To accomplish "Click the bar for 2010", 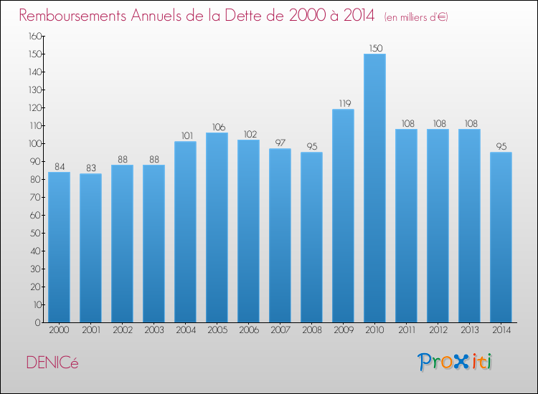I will pyautogui.click(x=374, y=188).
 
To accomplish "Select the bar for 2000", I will pyautogui.click(x=59, y=247).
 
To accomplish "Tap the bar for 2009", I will pyautogui.click(x=343, y=216).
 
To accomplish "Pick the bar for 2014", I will pyautogui.click(x=501, y=237).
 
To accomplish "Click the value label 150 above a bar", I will pyautogui.click(x=374, y=48).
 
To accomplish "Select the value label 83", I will pyautogui.click(x=90, y=168).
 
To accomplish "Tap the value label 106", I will pyautogui.click(x=217, y=127).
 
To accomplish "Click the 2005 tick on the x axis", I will pyautogui.click(x=217, y=330).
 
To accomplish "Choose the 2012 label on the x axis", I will pyautogui.click(x=438, y=330).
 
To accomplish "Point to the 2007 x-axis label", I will pyautogui.click(x=280, y=330).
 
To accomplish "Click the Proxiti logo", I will pyautogui.click(x=456, y=361).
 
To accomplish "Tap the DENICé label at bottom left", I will pyautogui.click(x=52, y=362).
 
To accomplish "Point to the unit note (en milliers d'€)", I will pyautogui.click(x=416, y=16).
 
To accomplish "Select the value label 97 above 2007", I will pyautogui.click(x=280, y=143).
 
